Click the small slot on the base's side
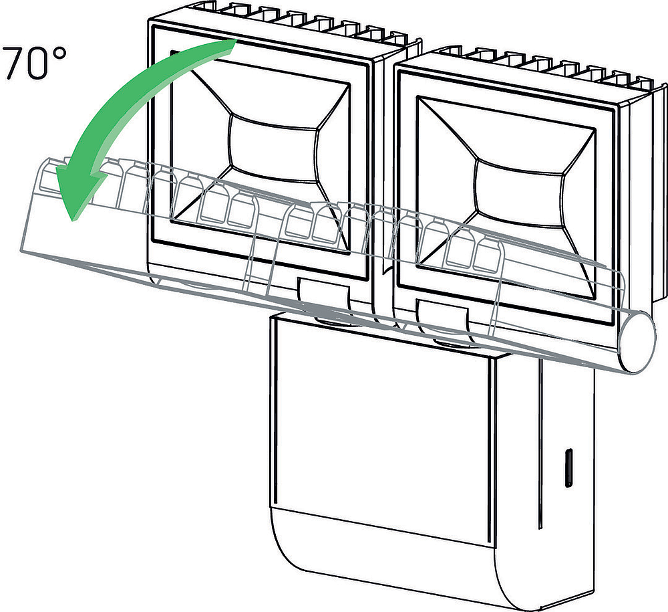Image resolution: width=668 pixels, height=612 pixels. (x=568, y=468)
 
